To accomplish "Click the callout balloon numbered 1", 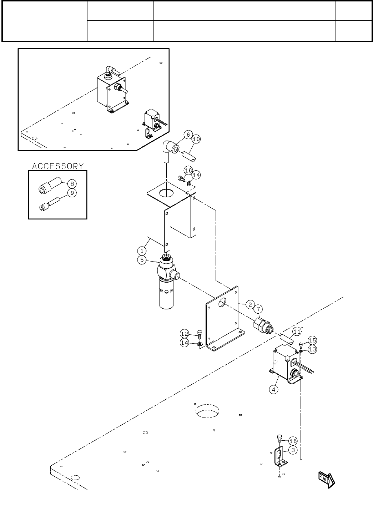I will (142, 251).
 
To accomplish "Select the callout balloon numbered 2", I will (250, 304).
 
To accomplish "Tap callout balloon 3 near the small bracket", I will (293, 450).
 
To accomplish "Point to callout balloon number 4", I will (273, 389).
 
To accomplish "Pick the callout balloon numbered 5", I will (142, 260).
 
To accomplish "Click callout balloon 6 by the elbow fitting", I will (188, 135).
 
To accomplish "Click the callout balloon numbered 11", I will (297, 332).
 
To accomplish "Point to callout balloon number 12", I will (185, 334).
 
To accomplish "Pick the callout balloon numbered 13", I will (312, 349).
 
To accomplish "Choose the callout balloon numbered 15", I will (312, 340).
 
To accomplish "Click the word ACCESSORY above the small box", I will (58, 166).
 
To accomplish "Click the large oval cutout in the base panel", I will (207, 411).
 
